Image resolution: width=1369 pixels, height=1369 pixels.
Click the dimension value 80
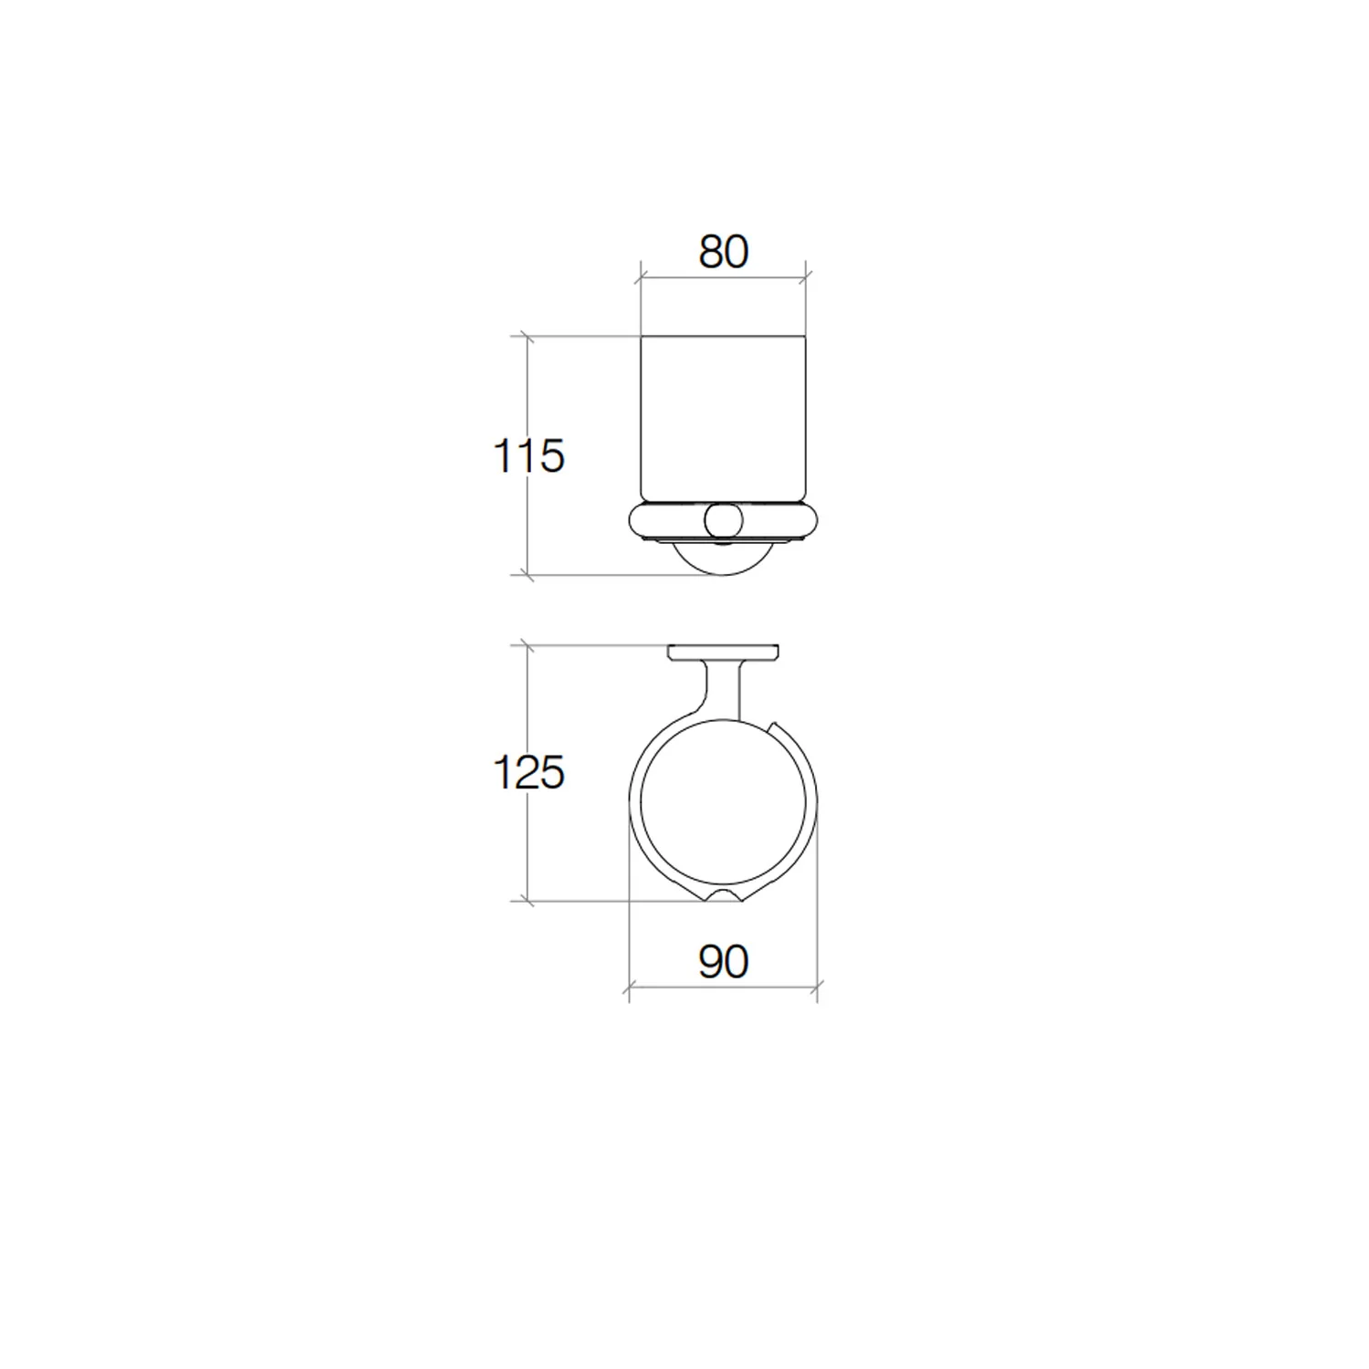pos(724,252)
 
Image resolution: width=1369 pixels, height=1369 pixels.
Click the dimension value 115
pos(528,455)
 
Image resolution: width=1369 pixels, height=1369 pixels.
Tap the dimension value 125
pos(528,772)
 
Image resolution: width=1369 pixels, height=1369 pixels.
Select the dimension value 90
pos(724,962)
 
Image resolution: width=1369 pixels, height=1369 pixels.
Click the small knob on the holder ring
pos(723,520)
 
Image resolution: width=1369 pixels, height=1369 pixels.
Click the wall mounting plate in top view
pos(723,653)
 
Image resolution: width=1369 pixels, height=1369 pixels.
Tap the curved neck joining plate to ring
pos(721,689)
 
